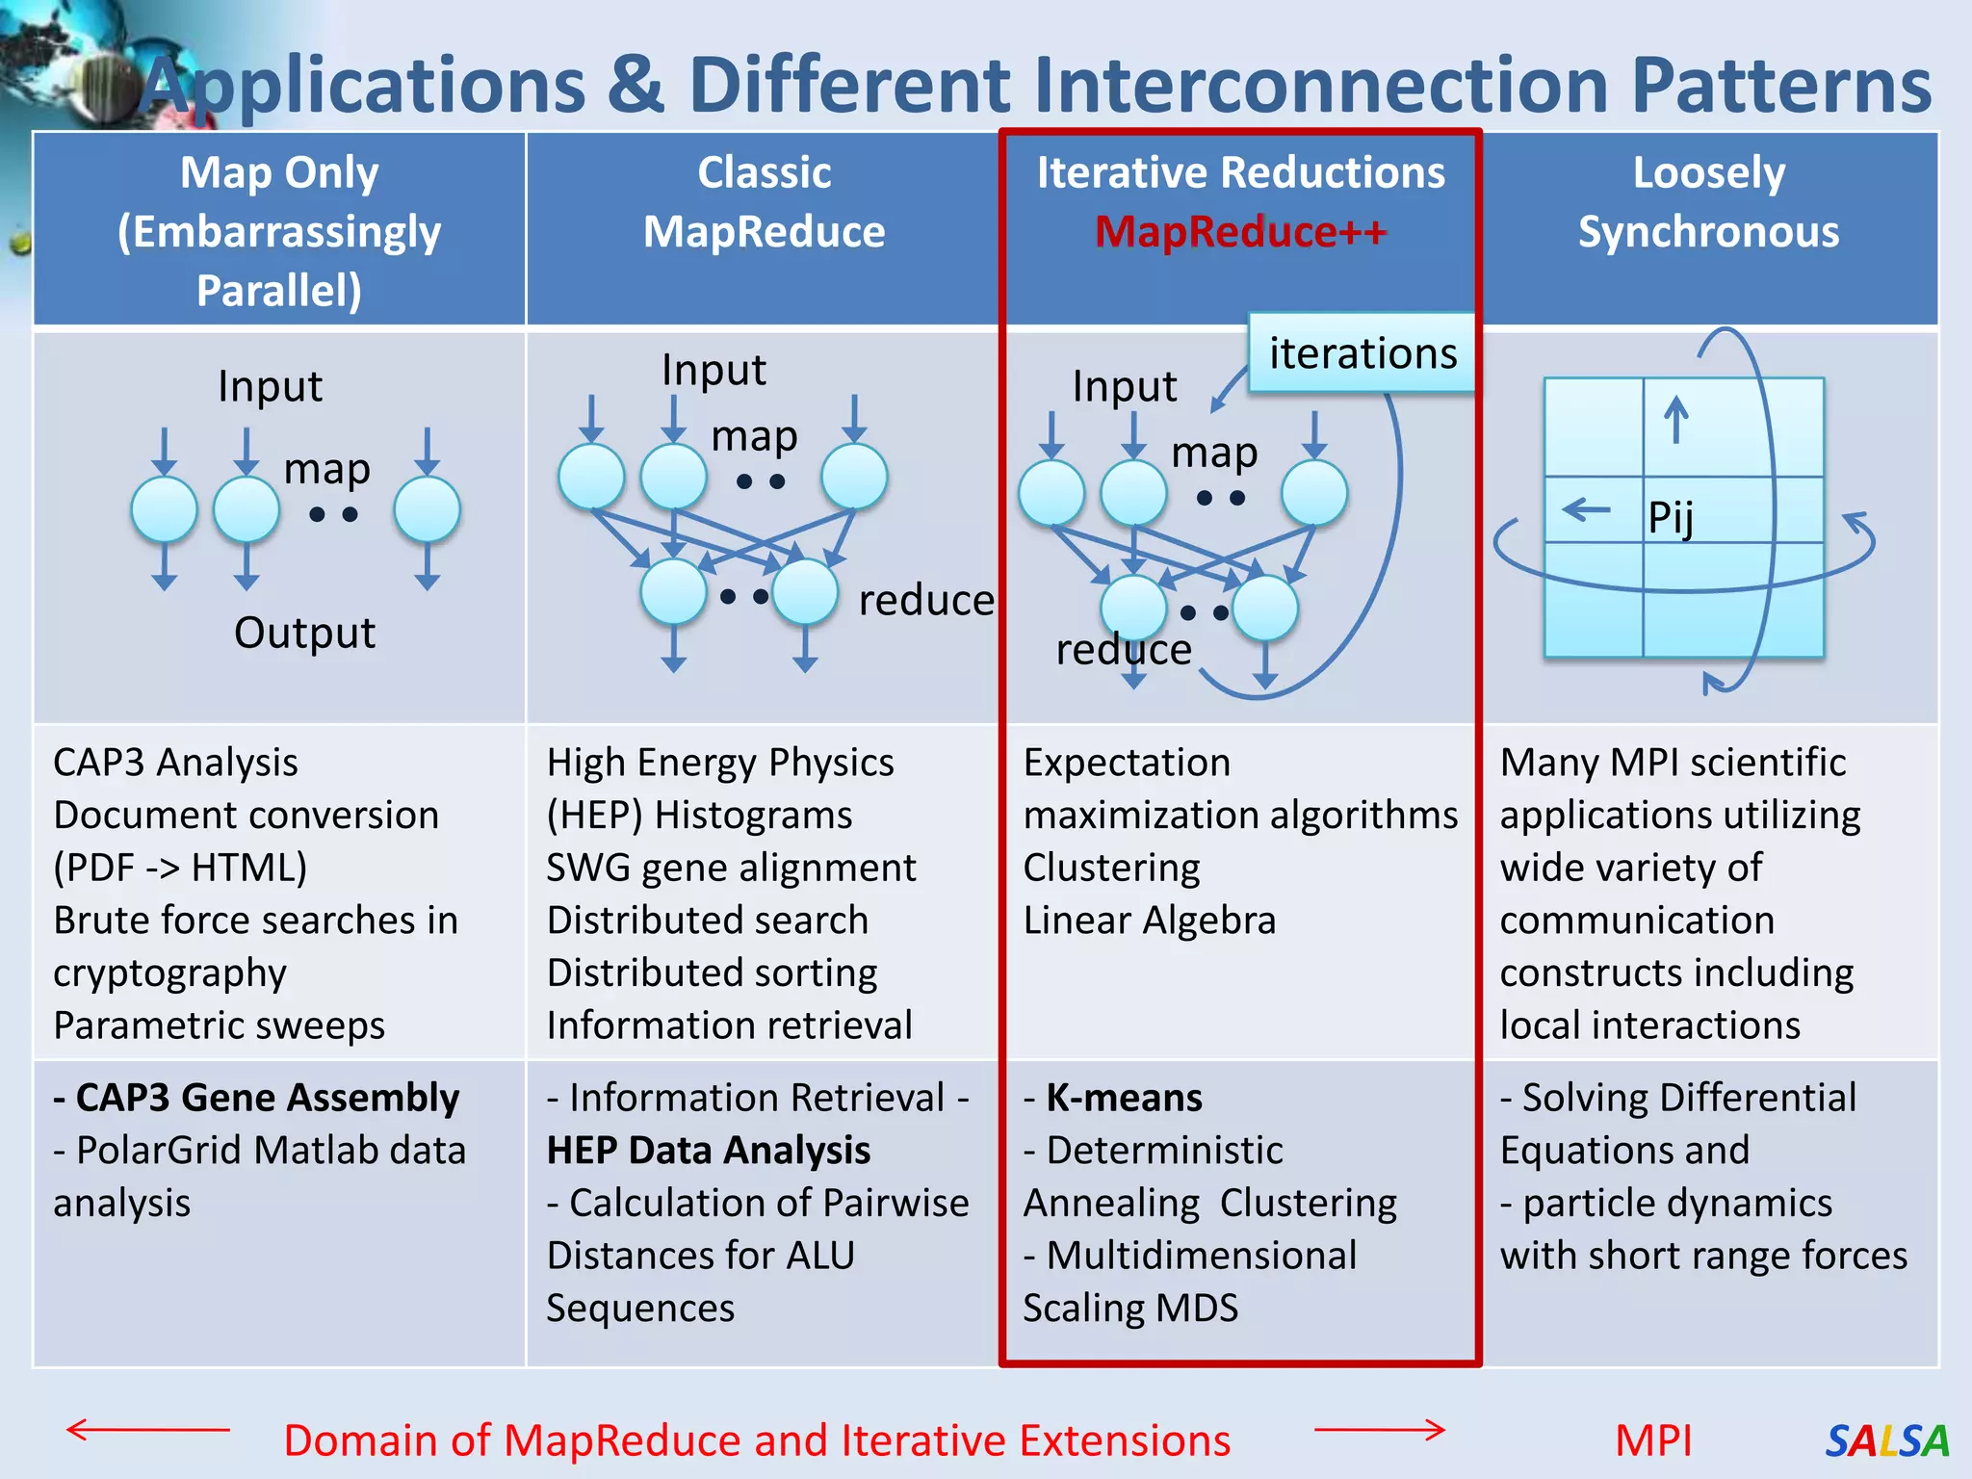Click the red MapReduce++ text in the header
(1240, 232)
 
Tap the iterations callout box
(1362, 353)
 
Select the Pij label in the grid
(1671, 518)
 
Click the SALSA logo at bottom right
(1886, 1440)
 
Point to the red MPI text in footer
(1652, 1440)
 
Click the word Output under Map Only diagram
(304, 633)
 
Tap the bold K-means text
(1124, 1098)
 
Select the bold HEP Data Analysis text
(709, 1150)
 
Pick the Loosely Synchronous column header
(1708, 202)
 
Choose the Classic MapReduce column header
(764, 202)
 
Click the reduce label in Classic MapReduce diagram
(925, 601)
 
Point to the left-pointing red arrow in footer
(147, 1430)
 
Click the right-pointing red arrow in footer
(1380, 1430)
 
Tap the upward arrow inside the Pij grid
(1676, 420)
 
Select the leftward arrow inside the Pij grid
(1586, 508)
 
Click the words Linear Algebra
(1149, 921)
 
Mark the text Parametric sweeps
(219, 1025)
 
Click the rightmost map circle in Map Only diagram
(427, 509)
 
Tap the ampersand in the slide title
(636, 85)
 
